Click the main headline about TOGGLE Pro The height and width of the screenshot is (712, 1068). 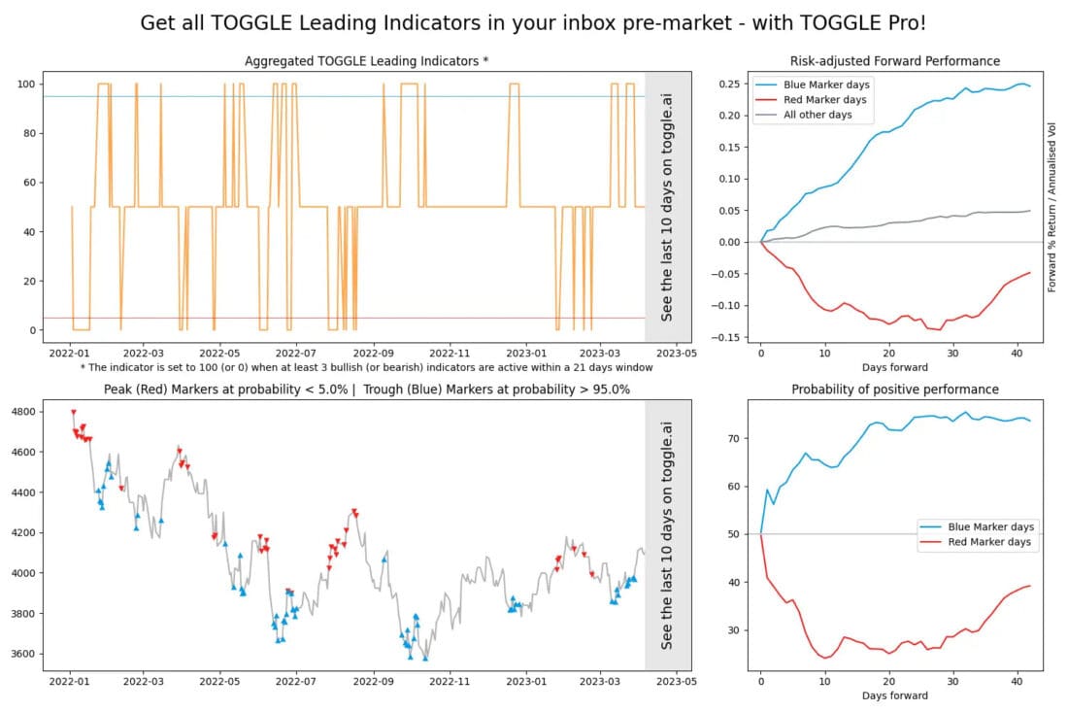coord(533,23)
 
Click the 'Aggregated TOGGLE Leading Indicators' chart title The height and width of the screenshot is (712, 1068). coord(366,61)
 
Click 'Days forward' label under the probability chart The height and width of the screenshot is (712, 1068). coord(894,695)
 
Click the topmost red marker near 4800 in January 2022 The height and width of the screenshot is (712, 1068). coord(73,412)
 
